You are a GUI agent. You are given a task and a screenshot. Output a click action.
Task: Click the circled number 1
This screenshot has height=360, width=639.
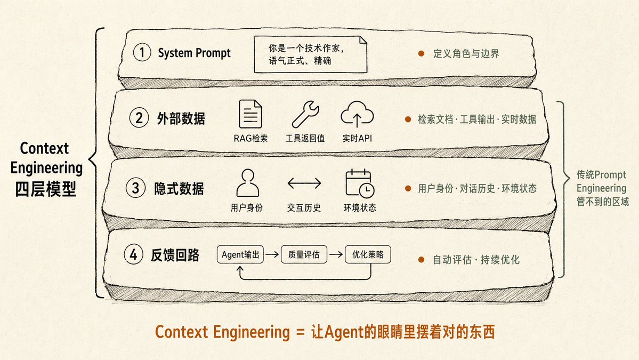142,53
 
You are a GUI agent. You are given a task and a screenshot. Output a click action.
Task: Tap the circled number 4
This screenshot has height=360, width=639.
133,254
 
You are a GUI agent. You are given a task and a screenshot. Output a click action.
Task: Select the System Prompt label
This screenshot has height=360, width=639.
194,53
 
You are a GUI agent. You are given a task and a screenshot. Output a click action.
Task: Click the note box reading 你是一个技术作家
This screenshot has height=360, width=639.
310,54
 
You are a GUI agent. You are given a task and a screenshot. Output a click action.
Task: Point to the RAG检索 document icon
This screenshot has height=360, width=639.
250,114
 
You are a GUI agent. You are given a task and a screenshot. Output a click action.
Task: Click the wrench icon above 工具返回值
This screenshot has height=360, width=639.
305,114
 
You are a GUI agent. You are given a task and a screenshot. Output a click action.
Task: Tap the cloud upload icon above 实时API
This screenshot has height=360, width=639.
357,114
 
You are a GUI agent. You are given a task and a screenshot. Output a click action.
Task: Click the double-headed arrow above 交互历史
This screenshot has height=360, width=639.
304,183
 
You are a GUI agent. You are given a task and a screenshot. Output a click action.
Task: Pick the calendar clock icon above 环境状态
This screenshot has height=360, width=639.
360,183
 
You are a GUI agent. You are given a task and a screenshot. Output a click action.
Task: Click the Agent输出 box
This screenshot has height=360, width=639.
240,254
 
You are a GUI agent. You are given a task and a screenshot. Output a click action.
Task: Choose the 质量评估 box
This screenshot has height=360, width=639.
304,254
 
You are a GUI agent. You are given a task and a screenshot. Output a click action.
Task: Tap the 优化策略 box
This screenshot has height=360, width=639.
368,254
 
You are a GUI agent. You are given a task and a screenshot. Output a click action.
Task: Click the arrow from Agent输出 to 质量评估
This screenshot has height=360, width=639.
272,254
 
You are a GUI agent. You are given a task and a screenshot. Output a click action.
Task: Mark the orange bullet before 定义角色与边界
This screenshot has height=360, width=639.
422,53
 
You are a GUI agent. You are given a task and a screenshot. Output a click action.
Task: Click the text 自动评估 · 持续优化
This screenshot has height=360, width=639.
476,260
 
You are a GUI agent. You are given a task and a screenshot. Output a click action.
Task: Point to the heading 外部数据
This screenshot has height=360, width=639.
181,118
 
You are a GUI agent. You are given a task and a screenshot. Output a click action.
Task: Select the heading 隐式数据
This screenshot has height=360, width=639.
179,188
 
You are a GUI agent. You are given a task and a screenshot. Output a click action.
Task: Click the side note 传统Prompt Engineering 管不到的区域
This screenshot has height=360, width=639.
602,188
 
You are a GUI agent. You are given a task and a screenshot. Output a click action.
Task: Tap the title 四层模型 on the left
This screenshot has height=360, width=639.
46,189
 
